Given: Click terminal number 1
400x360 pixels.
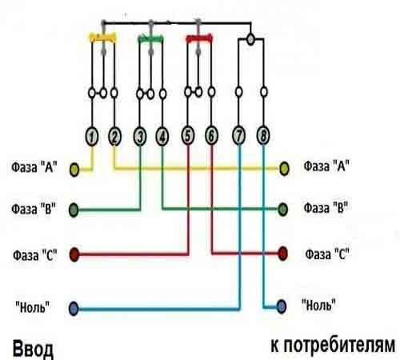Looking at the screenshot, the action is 92,137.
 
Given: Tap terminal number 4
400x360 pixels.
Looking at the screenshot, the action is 162,137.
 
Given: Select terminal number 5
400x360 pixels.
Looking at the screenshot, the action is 188,135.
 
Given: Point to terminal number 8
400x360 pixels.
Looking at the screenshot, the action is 263,135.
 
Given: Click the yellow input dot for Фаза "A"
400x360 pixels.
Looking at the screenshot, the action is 74,170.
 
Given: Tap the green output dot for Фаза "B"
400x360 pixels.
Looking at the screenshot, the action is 282,210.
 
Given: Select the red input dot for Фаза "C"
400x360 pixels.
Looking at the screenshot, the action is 74,254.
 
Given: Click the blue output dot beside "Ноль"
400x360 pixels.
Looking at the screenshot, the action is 282,306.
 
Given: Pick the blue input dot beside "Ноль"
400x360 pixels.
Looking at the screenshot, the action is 74,309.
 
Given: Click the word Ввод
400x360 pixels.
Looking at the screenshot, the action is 33,349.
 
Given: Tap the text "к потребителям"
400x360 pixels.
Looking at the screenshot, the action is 333,346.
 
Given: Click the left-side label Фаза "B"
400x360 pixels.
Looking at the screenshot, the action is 34,209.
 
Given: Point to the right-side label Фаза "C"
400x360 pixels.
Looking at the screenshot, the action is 327,254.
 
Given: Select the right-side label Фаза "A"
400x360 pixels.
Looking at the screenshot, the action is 326,166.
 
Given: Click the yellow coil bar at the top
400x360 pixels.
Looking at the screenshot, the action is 102,38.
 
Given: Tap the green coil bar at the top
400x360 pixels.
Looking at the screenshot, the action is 150,39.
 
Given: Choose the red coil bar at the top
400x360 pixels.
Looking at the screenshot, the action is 199,38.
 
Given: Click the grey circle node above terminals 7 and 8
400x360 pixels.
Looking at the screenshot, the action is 250,39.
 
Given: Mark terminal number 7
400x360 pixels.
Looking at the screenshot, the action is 239,135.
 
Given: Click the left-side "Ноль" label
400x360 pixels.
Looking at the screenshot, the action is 33,307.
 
